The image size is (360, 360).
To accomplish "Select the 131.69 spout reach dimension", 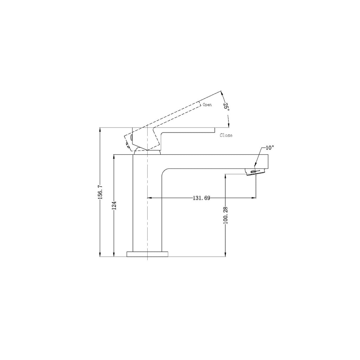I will (201, 198).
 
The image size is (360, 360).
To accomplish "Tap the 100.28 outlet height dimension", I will (225, 214).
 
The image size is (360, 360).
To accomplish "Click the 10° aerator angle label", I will (269, 148).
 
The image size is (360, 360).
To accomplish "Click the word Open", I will (207, 105).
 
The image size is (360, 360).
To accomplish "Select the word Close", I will (226, 135).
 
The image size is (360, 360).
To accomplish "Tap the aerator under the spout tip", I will (255, 172).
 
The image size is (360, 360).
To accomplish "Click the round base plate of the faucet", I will (147, 254).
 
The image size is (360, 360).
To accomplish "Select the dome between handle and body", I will (148, 152).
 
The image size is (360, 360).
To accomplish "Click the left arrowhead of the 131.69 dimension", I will (149, 198).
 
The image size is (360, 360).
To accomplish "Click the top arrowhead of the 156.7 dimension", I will (100, 129).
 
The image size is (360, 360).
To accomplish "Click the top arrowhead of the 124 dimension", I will (114, 156).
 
